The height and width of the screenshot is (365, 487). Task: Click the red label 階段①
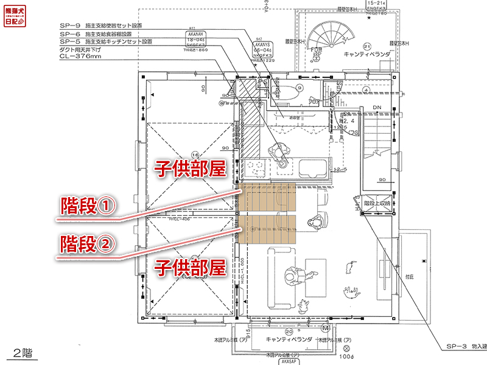tap(88, 207)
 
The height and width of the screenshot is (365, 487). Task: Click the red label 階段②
tap(88, 244)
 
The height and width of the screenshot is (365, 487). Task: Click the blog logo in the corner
tap(13, 13)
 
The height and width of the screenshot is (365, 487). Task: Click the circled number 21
tap(367, 46)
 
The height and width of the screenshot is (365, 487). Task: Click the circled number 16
tap(195, 153)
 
